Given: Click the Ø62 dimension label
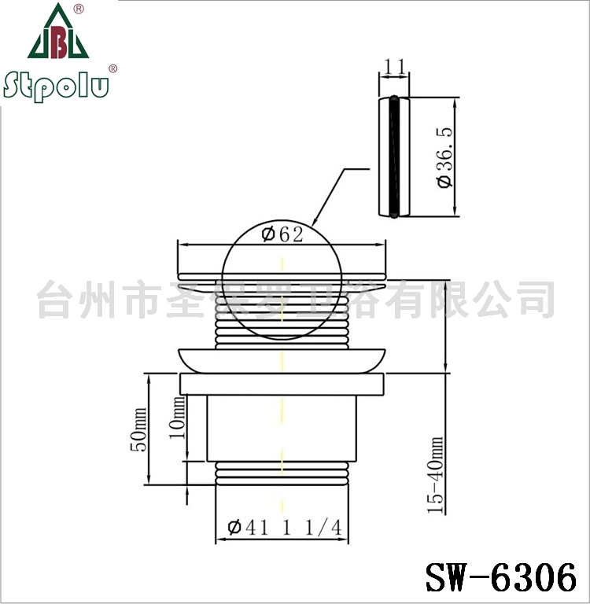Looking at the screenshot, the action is tap(282, 234).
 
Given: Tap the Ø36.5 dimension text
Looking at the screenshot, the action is tap(445, 157).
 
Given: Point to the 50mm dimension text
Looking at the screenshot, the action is tap(138, 429).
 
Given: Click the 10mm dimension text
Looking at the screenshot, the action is tap(177, 418).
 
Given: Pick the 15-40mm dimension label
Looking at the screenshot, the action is tap(436, 474).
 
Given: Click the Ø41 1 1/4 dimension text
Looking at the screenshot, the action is tap(285, 528).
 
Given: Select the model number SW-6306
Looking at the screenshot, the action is tap(501, 577).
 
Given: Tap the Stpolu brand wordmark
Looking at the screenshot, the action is tap(57, 86).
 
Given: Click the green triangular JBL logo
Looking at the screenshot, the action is tap(57, 31).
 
